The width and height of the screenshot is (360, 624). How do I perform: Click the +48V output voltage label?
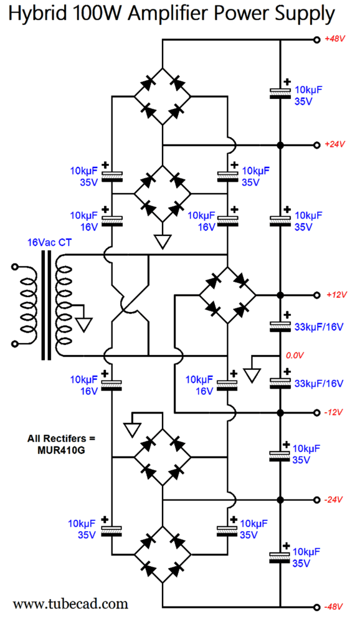[x=334, y=39]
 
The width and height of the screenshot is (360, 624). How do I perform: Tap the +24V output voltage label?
[x=334, y=144]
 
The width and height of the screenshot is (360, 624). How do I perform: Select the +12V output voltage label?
[x=336, y=295]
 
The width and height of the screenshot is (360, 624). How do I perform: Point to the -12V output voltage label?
[x=333, y=412]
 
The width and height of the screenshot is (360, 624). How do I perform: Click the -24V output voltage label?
[x=333, y=499]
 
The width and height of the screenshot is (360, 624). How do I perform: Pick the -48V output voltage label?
[x=333, y=607]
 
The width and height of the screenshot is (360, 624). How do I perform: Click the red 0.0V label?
[x=295, y=356]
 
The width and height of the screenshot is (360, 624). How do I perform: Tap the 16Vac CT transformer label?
[x=49, y=242]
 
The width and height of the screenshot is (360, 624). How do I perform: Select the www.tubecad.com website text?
[x=70, y=604]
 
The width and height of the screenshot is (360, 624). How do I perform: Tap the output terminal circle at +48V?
[x=316, y=40]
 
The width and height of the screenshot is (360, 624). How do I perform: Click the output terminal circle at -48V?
[x=316, y=607]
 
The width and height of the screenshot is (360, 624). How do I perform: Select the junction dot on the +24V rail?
[x=280, y=145]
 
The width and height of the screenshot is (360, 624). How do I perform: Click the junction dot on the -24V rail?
[x=280, y=500]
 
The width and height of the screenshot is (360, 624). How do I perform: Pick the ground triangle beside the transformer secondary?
[x=84, y=324]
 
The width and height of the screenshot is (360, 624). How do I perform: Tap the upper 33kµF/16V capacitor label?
[x=319, y=327]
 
